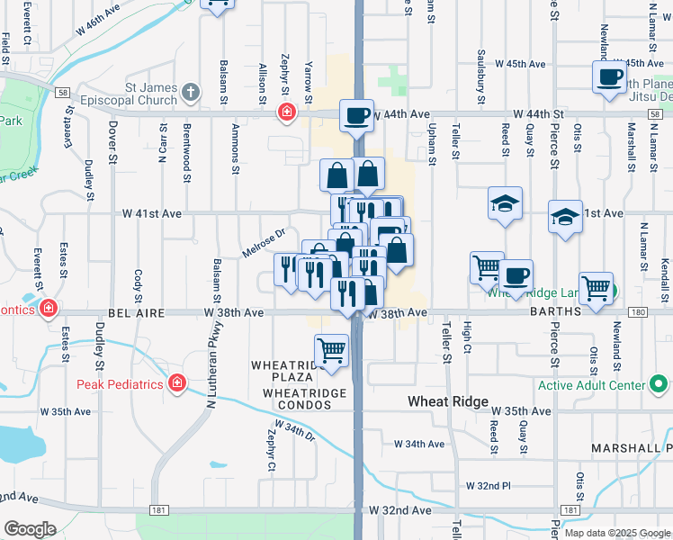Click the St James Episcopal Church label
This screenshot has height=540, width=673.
135,93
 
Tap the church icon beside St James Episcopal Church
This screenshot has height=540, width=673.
190,92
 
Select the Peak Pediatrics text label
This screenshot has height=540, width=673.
119,384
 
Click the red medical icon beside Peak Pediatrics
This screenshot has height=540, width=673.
177,384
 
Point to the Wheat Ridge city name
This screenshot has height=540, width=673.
448,401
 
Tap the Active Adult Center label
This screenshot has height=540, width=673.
592,385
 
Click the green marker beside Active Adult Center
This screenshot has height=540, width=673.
660,385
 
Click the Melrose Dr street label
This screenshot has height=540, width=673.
264,243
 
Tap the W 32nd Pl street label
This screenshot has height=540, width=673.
489,486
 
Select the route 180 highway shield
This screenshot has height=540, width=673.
639,312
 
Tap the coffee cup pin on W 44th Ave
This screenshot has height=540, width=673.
357,115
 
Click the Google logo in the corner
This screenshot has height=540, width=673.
30,529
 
